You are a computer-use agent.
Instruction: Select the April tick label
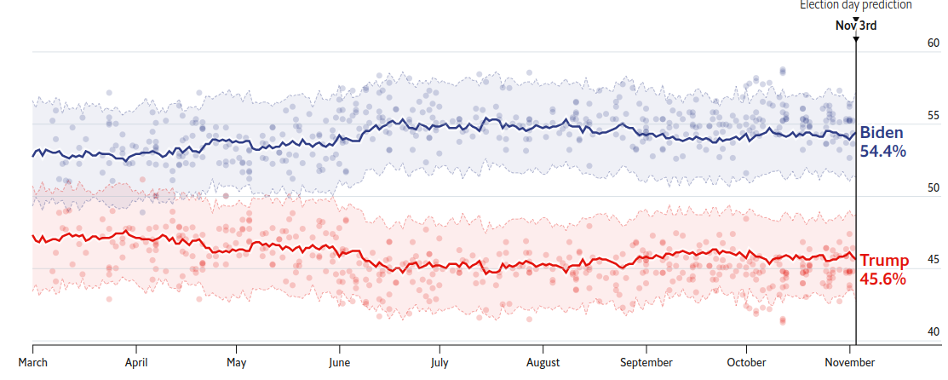[136, 361]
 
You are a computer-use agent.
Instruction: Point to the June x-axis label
[339, 361]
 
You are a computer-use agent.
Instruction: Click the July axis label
[440, 361]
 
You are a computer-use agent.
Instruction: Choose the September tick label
[646, 361]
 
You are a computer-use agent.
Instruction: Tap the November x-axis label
[850, 361]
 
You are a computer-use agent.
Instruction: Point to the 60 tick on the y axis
[933, 43]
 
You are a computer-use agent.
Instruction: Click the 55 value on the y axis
[933, 115]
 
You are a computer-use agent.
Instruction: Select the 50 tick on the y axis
[933, 187]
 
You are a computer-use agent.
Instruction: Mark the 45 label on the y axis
[933, 260]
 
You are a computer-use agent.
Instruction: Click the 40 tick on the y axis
[933, 332]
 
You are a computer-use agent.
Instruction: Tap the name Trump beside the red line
[884, 261]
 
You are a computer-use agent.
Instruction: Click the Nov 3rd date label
[855, 25]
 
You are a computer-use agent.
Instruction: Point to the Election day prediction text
[855, 5]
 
